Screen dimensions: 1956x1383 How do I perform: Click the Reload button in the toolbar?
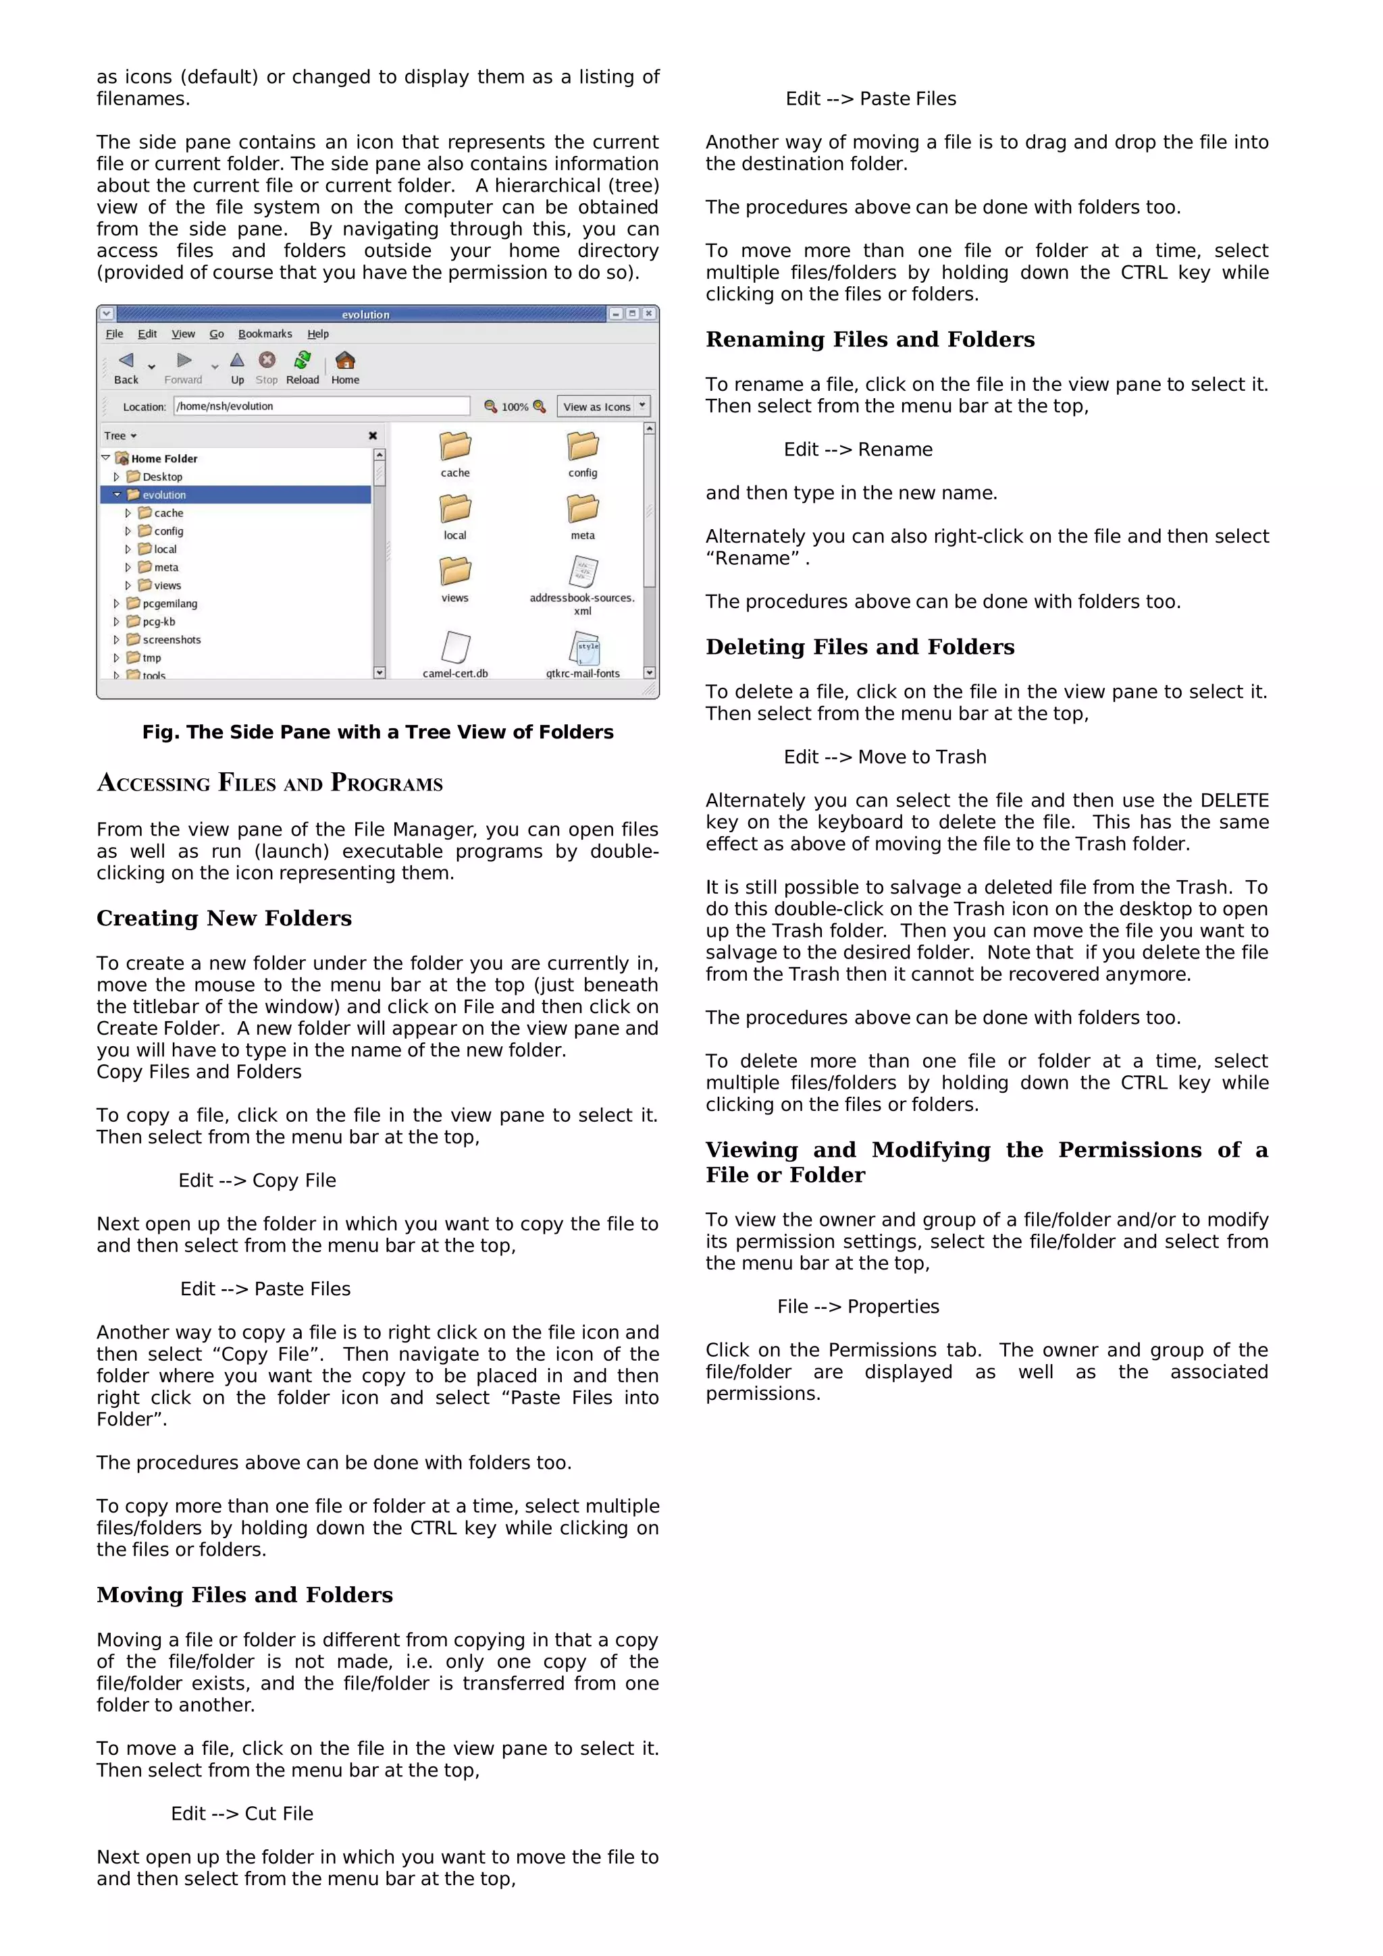point(303,367)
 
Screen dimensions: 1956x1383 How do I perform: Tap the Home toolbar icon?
point(345,367)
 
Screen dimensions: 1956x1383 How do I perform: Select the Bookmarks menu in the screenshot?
point(265,334)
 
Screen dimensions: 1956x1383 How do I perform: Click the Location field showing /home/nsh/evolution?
point(321,406)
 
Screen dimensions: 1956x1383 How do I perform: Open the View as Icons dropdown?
point(604,406)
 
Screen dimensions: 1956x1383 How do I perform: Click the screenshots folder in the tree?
point(172,640)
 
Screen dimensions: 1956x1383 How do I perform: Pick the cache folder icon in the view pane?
point(455,447)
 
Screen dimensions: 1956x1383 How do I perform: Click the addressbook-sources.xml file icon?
point(583,572)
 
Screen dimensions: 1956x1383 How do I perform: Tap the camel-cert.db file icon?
point(455,647)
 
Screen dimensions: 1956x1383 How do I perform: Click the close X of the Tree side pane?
point(372,435)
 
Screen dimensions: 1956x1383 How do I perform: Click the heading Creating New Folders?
point(224,919)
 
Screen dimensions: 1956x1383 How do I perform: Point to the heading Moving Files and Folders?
point(244,1595)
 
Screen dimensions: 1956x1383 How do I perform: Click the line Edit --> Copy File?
point(257,1180)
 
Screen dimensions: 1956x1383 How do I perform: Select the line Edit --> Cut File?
point(242,1814)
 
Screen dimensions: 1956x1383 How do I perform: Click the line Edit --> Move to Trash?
point(885,757)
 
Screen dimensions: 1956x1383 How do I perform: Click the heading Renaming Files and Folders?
point(870,340)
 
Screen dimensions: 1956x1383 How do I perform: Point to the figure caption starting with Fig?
point(377,732)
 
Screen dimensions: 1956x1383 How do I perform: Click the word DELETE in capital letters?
point(1234,800)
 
